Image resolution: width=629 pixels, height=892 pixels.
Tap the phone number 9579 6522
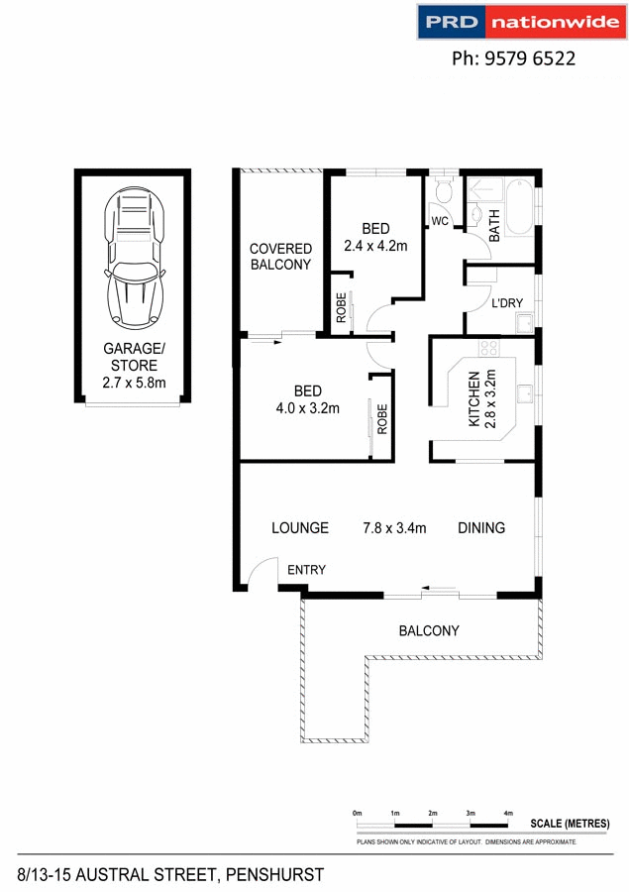[x=513, y=58]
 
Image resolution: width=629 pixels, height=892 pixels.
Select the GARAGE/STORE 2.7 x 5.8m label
[x=134, y=365]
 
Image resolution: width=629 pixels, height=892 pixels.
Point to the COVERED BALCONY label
[x=280, y=257]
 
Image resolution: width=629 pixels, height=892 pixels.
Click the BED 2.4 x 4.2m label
[x=375, y=238]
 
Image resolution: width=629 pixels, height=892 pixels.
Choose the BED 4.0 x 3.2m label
[x=307, y=398]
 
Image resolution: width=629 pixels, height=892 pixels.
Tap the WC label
[x=440, y=220]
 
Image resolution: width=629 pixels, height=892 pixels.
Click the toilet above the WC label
[x=443, y=188]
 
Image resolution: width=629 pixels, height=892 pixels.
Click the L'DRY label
[x=507, y=303]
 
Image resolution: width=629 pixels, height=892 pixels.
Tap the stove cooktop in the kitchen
[x=487, y=348]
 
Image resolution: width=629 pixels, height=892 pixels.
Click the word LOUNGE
[x=300, y=528]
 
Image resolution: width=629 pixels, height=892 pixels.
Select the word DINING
[x=481, y=528]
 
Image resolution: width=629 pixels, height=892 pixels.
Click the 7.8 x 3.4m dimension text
[x=394, y=528]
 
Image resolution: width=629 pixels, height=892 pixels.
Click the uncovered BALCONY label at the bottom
[x=429, y=630]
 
